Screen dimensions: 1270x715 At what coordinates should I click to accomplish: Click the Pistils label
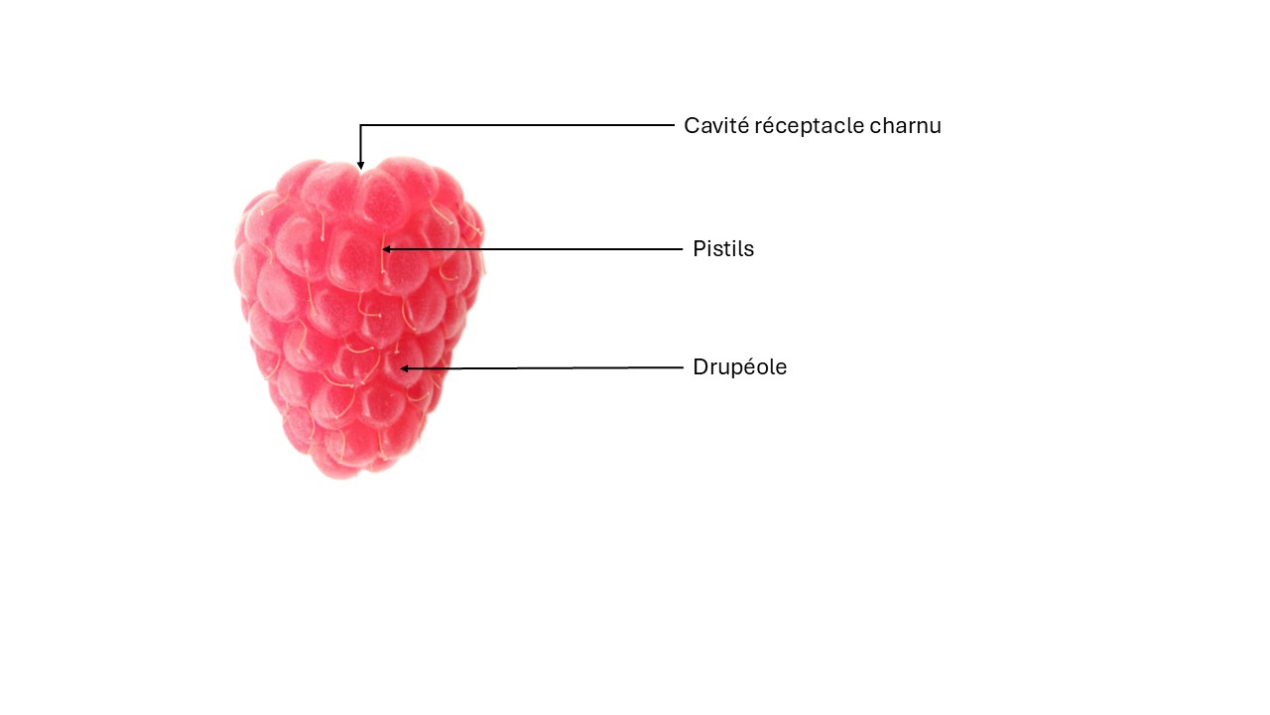pyautogui.click(x=723, y=248)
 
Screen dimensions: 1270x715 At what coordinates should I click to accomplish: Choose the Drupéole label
pyautogui.click(x=740, y=367)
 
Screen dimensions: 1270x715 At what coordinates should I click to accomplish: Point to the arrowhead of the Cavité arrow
pyautogui.click(x=360, y=165)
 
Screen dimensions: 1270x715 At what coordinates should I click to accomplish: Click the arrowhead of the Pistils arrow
pyautogui.click(x=387, y=249)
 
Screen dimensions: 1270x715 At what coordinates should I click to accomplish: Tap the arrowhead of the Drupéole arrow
pyautogui.click(x=405, y=368)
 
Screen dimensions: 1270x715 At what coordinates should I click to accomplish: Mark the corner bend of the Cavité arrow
pyautogui.click(x=360, y=125)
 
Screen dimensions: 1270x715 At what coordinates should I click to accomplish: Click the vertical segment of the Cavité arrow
pyautogui.click(x=360, y=145)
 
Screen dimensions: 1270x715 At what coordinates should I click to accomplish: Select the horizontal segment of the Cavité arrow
pyautogui.click(x=517, y=125)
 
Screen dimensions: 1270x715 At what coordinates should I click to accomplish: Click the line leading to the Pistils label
pyautogui.click(x=533, y=249)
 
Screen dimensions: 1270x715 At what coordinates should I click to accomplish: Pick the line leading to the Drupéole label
pyautogui.click(x=542, y=368)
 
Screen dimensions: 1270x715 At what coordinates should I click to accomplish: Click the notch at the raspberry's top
pyautogui.click(x=360, y=170)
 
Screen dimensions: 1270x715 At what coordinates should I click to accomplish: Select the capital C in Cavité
pyautogui.click(x=692, y=126)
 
